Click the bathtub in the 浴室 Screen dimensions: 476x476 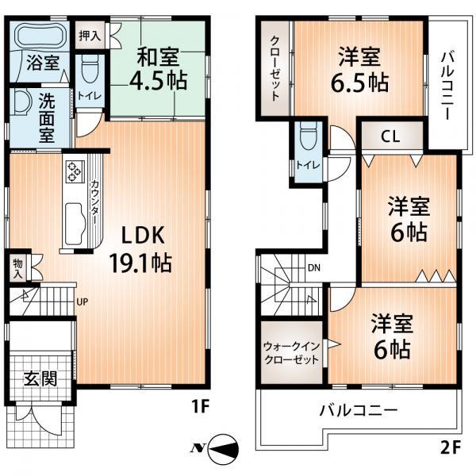pos(41,37)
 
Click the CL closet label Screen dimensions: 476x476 pos(390,136)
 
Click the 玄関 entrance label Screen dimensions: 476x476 pos(40,378)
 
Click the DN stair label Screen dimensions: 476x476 pos(314,267)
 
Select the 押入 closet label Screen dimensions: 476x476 pos(90,35)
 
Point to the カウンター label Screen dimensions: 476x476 pos(95,205)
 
